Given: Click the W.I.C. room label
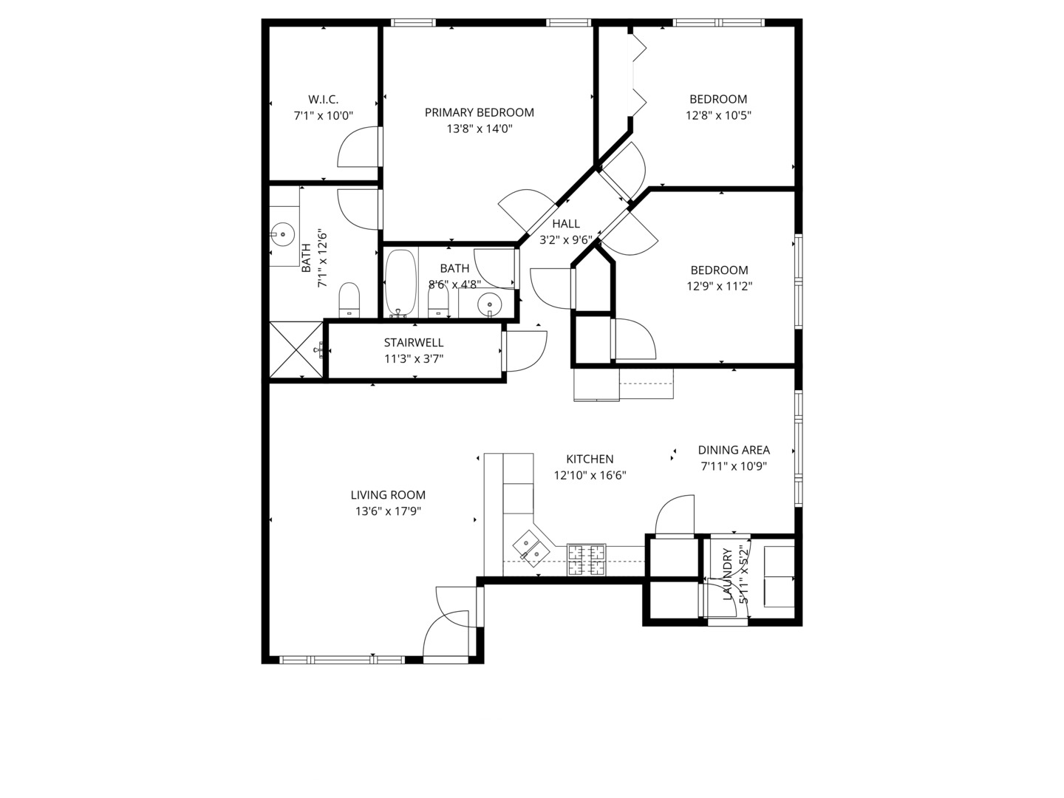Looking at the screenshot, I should [323, 99].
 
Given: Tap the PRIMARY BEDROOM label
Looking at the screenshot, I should [479, 112].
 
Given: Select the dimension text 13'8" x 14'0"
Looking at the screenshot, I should [479, 129].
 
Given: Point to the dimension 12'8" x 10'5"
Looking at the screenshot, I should [718, 115].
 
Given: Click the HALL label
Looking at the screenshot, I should [566, 224].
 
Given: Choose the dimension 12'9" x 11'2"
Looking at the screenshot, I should [719, 287].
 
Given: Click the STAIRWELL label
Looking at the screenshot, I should [414, 343].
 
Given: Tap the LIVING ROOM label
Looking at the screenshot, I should [388, 495].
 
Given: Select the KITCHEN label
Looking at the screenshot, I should [590, 459].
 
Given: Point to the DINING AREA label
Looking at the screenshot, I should [734, 450].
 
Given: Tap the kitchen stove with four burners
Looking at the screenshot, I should [586, 559].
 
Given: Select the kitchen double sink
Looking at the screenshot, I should [531, 548].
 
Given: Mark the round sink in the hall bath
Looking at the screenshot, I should [488, 302].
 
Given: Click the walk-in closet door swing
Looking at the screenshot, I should [359, 148].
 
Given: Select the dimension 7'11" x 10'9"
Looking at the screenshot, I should [734, 466].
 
